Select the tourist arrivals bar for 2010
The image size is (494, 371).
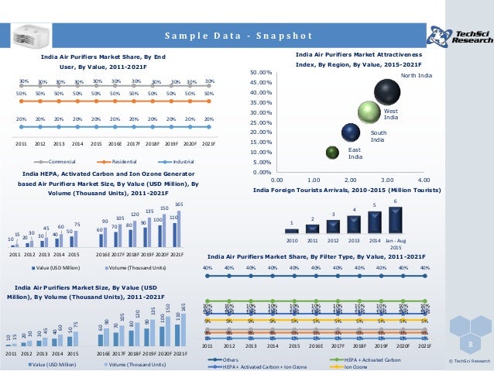pos(292,229)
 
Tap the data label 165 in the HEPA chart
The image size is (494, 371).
pos(180,203)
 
